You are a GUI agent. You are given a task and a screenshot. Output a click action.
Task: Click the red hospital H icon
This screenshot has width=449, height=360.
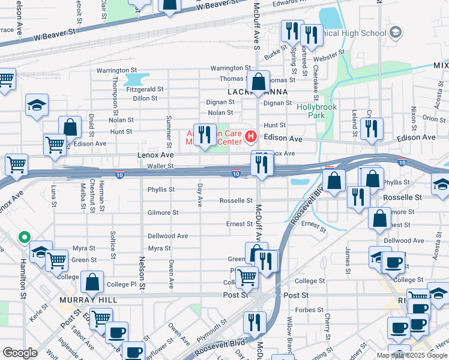click(x=251, y=138)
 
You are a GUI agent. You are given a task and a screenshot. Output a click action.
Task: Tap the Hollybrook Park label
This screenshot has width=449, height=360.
click(x=317, y=111)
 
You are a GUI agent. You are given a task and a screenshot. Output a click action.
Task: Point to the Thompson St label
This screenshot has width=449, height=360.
click(x=115, y=95)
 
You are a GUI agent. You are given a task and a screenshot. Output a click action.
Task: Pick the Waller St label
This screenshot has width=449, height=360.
click(x=160, y=166)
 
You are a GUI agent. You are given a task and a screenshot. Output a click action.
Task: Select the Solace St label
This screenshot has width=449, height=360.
click(x=112, y=244)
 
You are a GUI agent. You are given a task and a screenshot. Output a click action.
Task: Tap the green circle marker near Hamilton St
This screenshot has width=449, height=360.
click(x=25, y=237)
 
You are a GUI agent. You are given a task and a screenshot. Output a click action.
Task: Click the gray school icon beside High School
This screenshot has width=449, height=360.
click(x=396, y=32)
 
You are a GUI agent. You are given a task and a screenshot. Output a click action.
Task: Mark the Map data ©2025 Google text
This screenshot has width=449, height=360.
click(x=412, y=355)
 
